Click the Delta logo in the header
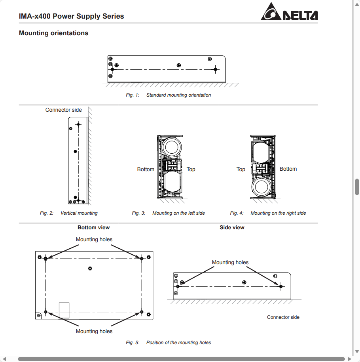click(x=289, y=12)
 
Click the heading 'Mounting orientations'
click(x=53, y=33)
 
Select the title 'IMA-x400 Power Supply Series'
click(x=71, y=16)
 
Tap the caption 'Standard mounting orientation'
click(x=178, y=95)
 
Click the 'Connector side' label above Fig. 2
click(x=64, y=110)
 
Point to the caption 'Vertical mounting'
click(x=79, y=213)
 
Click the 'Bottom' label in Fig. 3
click(x=146, y=170)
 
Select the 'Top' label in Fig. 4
click(x=241, y=170)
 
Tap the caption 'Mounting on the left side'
click(x=178, y=213)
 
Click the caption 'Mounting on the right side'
click(x=278, y=213)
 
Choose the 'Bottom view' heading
click(x=93, y=228)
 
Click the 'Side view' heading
click(x=232, y=228)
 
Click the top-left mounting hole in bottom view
click(x=46, y=259)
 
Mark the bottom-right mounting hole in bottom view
click(x=142, y=312)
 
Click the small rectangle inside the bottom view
click(x=64, y=310)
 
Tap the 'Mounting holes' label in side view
click(x=230, y=263)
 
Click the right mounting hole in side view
click(x=280, y=286)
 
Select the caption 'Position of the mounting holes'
click(x=178, y=343)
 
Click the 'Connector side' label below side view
click(x=283, y=317)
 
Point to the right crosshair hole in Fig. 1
click(x=215, y=69)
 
